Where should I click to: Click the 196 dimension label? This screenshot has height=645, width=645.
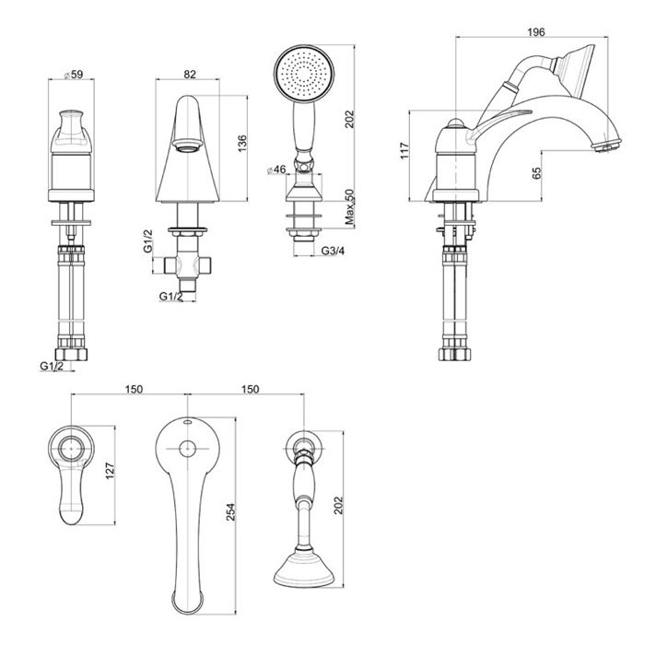[x=534, y=33]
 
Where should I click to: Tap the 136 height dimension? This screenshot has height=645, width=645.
[x=242, y=145]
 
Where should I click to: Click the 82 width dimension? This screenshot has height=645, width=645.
[x=189, y=74]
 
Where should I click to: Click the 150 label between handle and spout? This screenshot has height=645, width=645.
[x=134, y=390]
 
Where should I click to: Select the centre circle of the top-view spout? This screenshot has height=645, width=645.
[x=187, y=451]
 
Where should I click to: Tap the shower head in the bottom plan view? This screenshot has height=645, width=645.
[x=301, y=565]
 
